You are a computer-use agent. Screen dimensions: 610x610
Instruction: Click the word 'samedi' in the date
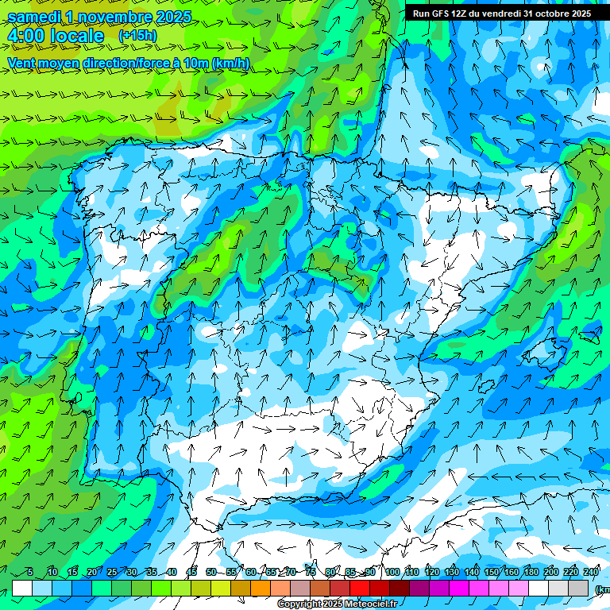[x=34, y=17]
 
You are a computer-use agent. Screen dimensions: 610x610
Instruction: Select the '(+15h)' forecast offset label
[x=137, y=36]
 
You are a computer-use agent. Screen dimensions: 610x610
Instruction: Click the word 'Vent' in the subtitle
[x=23, y=63]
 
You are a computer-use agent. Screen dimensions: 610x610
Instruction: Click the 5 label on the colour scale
[x=30, y=572]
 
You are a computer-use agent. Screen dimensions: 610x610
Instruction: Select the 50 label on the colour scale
[x=210, y=572]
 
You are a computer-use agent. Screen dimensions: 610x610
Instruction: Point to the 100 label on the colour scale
[x=392, y=572]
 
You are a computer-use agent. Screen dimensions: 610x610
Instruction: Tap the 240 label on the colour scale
[x=591, y=572]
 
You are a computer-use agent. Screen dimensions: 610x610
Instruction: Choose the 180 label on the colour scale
[x=531, y=572]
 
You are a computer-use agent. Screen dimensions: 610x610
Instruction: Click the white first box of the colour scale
[x=22, y=588]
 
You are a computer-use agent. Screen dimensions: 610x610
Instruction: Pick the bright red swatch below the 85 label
[x=360, y=588]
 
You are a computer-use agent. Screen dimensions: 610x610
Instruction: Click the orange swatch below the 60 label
[x=261, y=588]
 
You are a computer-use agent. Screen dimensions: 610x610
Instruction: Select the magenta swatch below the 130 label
[x=459, y=588]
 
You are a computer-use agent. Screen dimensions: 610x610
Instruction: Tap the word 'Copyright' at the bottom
[x=299, y=604]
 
